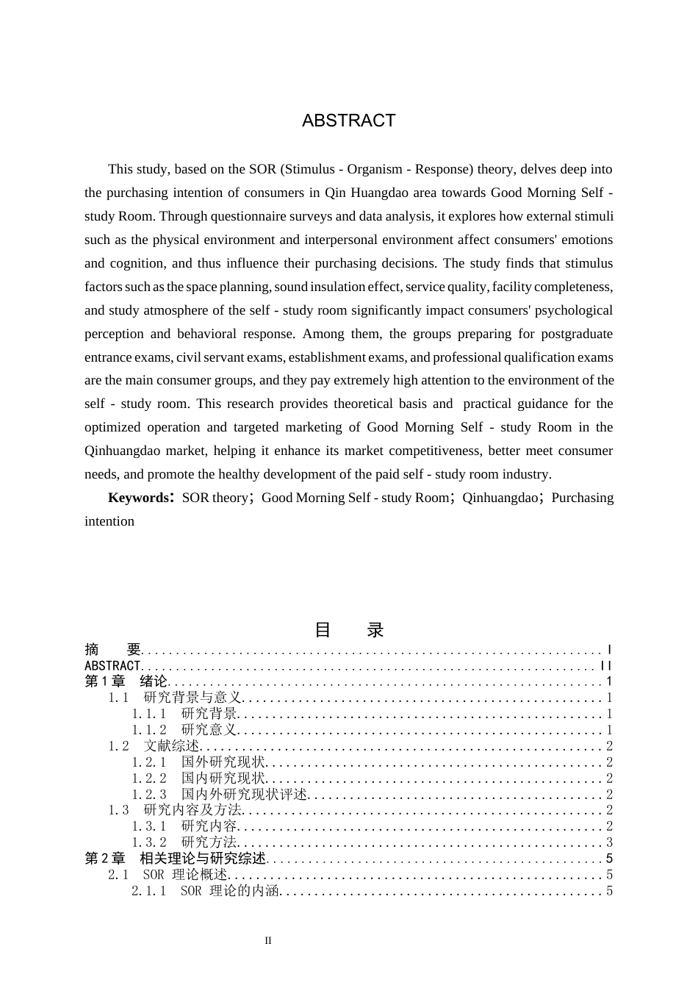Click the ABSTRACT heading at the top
[x=348, y=121]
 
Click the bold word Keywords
[x=138, y=498]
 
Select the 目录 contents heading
[x=349, y=630]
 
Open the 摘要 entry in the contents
[x=112, y=650]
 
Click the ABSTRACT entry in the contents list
[x=112, y=666]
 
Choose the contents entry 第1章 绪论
[x=126, y=681]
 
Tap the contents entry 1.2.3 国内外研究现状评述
[x=220, y=795]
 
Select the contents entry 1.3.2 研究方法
[x=185, y=842]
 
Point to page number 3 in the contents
[x=609, y=842]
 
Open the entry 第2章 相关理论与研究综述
[x=176, y=859]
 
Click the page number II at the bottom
[x=268, y=941]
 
